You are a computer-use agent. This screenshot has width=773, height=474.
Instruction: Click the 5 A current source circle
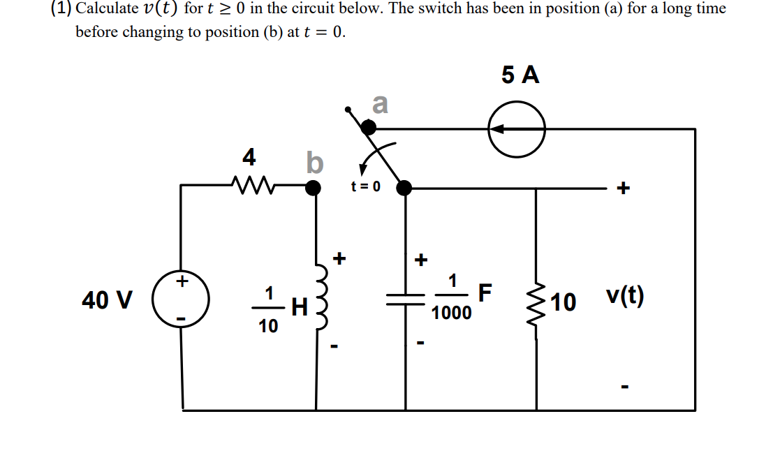517,129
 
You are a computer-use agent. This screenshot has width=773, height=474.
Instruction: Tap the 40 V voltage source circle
182,299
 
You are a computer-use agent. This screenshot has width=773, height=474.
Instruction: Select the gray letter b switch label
314,163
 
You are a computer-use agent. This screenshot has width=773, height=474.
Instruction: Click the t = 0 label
366,186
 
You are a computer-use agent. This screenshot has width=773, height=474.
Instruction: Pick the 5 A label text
520,75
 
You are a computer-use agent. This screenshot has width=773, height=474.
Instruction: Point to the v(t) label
625,299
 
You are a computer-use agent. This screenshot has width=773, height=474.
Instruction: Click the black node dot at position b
314,187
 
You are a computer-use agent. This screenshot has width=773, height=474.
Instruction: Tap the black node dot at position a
368,127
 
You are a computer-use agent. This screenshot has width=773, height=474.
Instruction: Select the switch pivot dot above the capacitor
404,187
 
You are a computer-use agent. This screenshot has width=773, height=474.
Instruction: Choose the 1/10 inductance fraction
268,309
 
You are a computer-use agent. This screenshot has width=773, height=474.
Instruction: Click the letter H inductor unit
299,304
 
